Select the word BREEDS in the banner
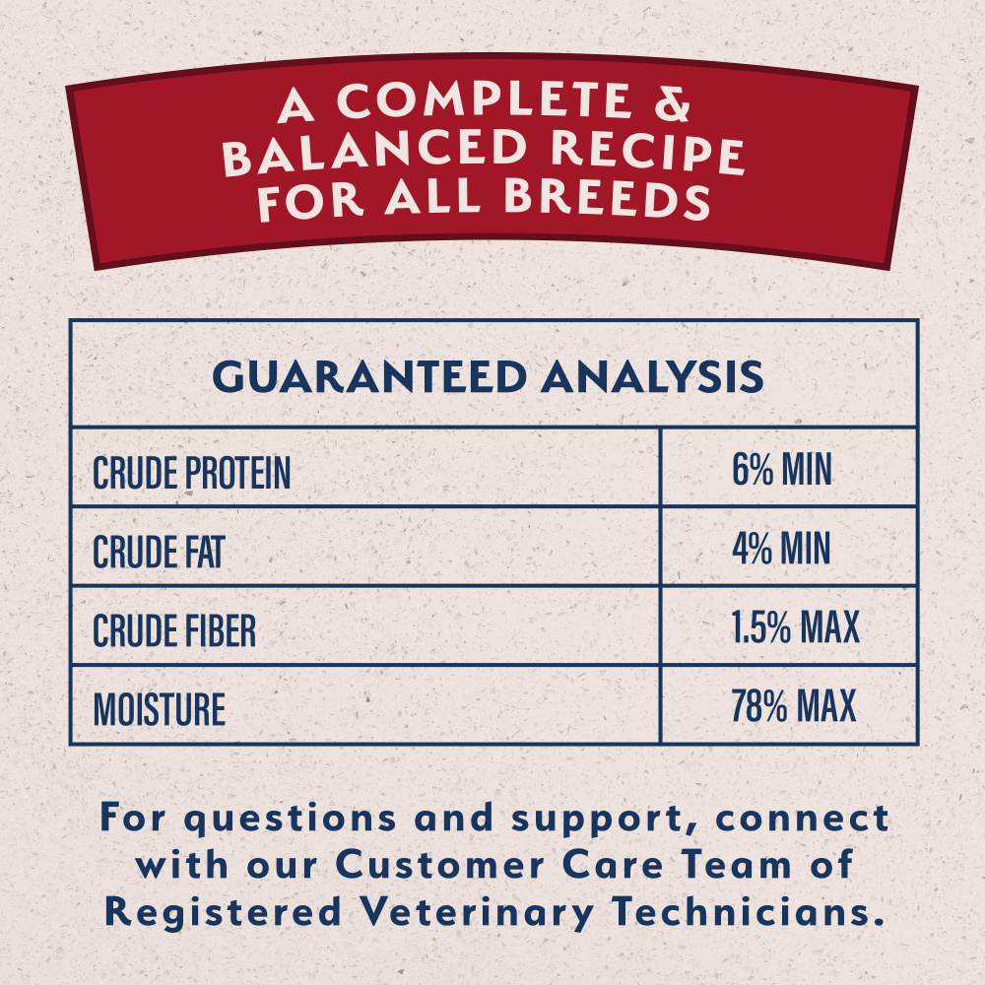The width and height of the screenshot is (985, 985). point(607,198)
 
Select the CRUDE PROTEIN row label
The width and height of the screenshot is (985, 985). point(192,474)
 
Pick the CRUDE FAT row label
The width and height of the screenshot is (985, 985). point(158,553)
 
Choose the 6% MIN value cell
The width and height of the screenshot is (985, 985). point(782,471)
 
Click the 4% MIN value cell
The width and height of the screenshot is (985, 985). point(782,550)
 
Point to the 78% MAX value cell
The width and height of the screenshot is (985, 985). point(794,706)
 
